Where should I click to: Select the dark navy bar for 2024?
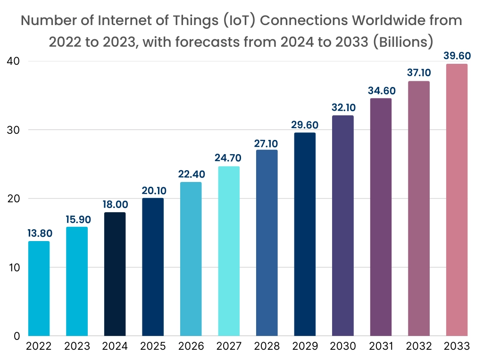point(115,274)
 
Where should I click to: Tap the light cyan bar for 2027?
point(229,251)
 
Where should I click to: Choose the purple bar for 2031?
point(381,217)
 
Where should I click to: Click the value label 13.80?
point(39,233)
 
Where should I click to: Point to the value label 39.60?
point(457,56)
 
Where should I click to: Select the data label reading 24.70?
point(229,158)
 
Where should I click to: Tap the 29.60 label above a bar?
point(305,125)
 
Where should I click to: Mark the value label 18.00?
point(115,204)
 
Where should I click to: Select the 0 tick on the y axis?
point(16,336)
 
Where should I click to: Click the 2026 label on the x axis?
point(191,346)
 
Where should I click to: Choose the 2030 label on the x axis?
point(342,346)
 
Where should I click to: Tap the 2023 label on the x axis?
point(77,346)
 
